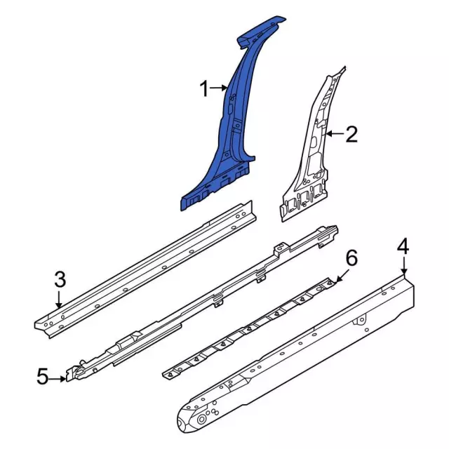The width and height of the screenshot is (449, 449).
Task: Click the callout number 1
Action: point(204,89)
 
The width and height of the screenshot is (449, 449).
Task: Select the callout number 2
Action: point(351,134)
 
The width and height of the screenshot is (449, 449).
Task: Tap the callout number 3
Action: point(60,280)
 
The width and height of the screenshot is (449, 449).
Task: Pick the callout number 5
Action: point(42,378)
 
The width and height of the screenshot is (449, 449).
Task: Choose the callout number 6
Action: point(351,257)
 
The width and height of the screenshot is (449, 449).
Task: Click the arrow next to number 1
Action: point(220,89)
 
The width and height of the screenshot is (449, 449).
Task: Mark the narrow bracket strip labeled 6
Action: point(253,326)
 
